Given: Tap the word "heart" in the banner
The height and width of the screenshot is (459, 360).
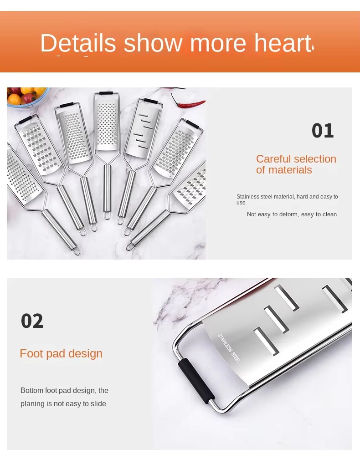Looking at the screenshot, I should tap(283, 43).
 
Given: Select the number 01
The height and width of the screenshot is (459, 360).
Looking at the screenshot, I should tap(323, 131).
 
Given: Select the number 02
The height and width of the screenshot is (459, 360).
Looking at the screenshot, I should tap(32, 321).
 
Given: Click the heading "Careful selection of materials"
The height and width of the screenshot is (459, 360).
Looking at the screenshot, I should tap(296, 164).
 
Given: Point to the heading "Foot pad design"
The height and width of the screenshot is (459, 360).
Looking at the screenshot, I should tap(61, 354).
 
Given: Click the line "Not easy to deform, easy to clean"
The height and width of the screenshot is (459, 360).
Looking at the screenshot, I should tap(292, 214).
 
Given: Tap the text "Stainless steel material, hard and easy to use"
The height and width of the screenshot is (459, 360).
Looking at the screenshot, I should tap(287, 199).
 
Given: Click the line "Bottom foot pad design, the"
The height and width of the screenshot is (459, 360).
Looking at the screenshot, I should tap(64, 391).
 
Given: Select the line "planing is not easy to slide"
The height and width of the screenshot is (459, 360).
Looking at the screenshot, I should tap(63, 404).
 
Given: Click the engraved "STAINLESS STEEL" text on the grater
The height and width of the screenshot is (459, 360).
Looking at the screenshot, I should tap(228, 348).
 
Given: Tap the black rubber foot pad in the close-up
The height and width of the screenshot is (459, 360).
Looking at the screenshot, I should tap(196, 381).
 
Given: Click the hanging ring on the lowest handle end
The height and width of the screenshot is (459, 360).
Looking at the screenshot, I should tap(77, 251).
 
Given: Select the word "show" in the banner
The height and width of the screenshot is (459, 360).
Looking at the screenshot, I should tap(153, 43).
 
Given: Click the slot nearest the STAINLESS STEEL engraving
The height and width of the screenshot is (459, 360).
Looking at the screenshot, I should tap(266, 341).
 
